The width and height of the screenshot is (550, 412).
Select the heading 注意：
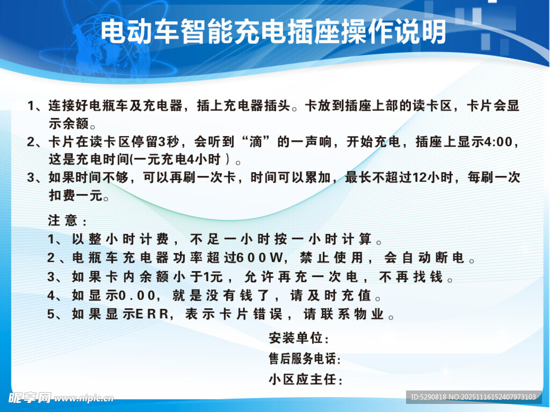pos(67,221)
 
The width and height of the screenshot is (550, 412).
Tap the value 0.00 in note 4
pos(136,296)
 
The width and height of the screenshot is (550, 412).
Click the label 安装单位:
pos(299,338)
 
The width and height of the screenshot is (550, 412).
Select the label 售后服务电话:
pos(305,359)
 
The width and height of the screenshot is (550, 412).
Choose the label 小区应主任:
pos(305,379)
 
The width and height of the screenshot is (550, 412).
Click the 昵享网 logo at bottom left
pos(30,398)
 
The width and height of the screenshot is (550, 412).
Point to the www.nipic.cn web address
pos(84,399)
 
